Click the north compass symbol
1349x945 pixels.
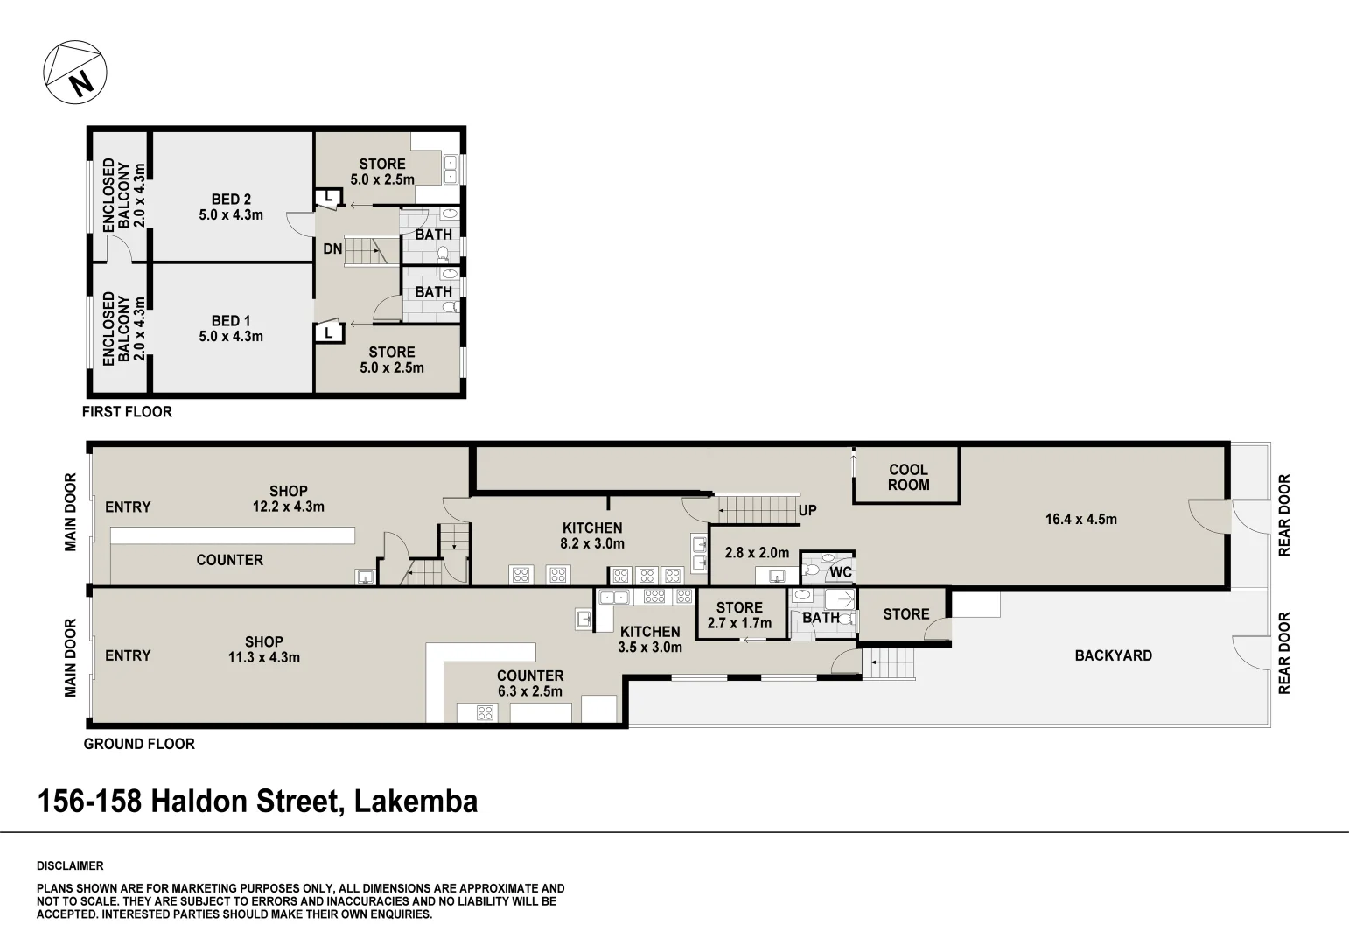[x=75, y=73]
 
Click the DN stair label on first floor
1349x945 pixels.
[x=332, y=248]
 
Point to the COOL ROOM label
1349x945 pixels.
[x=909, y=477]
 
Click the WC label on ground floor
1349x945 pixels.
[x=841, y=572]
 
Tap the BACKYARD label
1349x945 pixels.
[x=1114, y=655]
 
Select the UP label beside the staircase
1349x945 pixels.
[x=807, y=510]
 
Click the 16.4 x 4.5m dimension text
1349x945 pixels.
[x=1081, y=519]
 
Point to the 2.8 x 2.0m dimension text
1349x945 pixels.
[x=757, y=552]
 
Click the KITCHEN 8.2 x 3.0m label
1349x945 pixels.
[x=592, y=536]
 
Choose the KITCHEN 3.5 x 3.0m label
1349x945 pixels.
[x=650, y=639]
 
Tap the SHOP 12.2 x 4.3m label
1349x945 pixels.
[x=289, y=499]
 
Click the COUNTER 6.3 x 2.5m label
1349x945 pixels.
[x=530, y=683]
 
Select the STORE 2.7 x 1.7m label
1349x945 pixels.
[x=739, y=615]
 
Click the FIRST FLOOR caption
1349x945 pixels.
[x=127, y=412]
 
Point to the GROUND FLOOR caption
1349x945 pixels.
[x=139, y=744]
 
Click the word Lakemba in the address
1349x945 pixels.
[x=416, y=801]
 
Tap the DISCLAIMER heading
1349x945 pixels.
[x=70, y=865]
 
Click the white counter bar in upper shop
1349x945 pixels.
[x=233, y=535]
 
